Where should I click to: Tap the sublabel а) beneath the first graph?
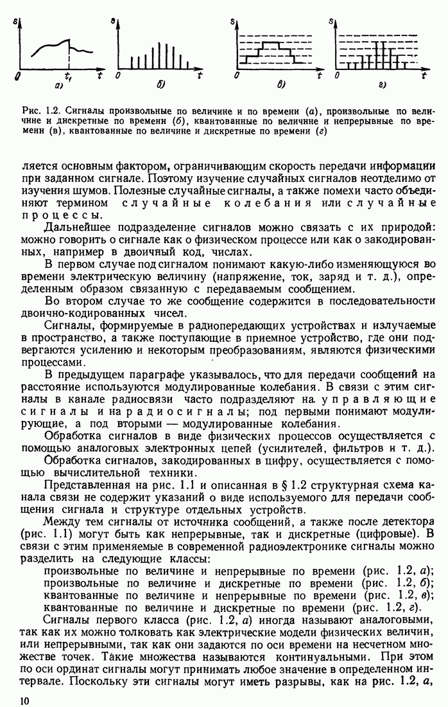pos(58,85)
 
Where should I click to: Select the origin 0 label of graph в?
pos(237,76)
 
